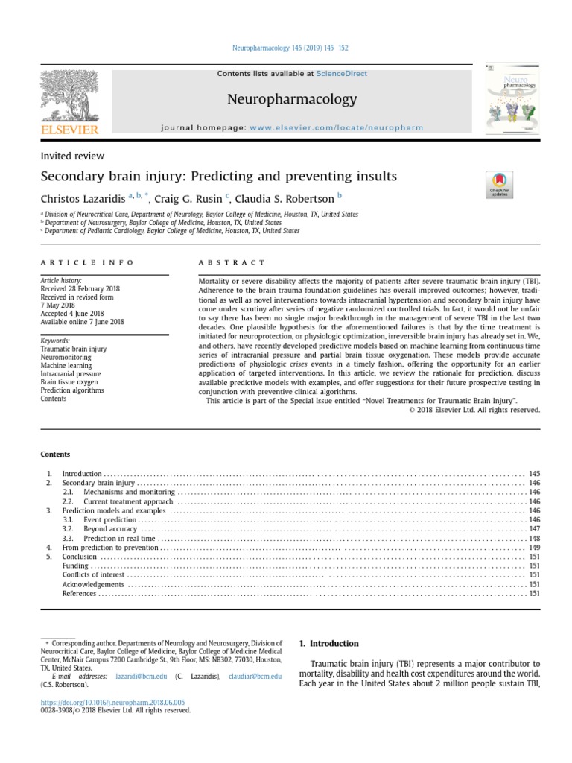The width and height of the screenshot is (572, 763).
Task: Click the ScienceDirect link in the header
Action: [x=341, y=74]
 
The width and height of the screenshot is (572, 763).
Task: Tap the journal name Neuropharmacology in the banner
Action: [x=291, y=99]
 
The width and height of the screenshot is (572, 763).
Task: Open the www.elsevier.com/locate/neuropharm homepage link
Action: [x=336, y=128]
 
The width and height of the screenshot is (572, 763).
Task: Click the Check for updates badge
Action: [x=498, y=185]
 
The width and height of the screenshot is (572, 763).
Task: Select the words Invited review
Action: [x=71, y=156]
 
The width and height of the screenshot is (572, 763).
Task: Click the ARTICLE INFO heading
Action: [x=87, y=262]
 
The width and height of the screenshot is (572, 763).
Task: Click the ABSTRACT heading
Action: [x=231, y=262]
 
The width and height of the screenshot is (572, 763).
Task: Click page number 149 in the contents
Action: [x=534, y=548]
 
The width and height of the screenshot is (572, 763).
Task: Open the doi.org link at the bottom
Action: [x=112, y=702]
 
